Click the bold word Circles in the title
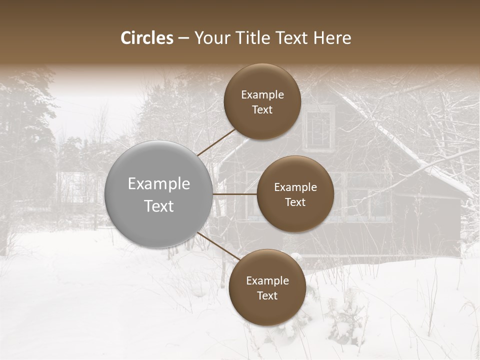[x=146, y=38]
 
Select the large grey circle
[x=158, y=194]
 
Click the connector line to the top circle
[x=217, y=141]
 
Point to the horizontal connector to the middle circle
[x=234, y=193]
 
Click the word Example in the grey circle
[x=158, y=183]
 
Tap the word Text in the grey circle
[x=158, y=206]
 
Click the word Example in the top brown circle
[x=262, y=94]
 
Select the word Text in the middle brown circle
[x=295, y=202]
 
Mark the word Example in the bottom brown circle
[x=267, y=280]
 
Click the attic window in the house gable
[x=318, y=129]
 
